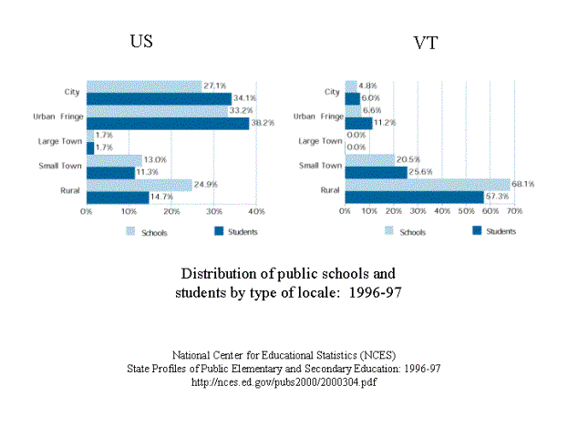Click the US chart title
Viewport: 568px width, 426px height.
[140, 42]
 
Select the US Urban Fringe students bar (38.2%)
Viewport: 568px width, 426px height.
[167, 123]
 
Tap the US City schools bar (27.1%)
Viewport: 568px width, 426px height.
[143, 86]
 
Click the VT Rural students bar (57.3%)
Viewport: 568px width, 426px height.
[414, 197]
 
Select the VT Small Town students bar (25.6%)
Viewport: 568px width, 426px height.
[376, 171]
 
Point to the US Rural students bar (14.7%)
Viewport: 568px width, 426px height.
[117, 197]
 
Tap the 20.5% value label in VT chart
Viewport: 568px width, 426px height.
[408, 159]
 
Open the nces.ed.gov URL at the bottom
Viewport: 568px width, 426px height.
[284, 381]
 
